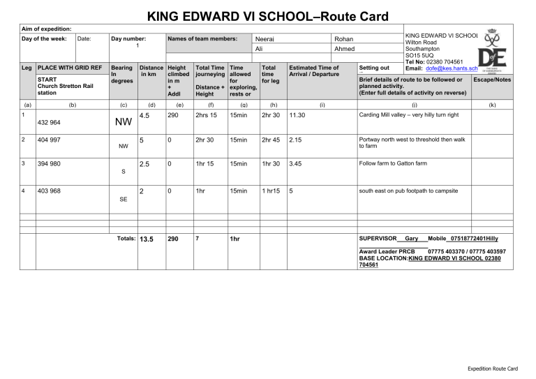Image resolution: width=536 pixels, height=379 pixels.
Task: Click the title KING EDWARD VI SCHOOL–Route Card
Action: point(267,15)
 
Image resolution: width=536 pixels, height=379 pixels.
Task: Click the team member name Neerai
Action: point(265,39)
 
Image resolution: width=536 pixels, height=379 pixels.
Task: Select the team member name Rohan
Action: point(343,39)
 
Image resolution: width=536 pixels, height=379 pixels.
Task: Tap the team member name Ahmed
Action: point(345,50)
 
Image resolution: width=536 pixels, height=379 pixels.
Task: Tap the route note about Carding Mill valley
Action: point(417,114)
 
